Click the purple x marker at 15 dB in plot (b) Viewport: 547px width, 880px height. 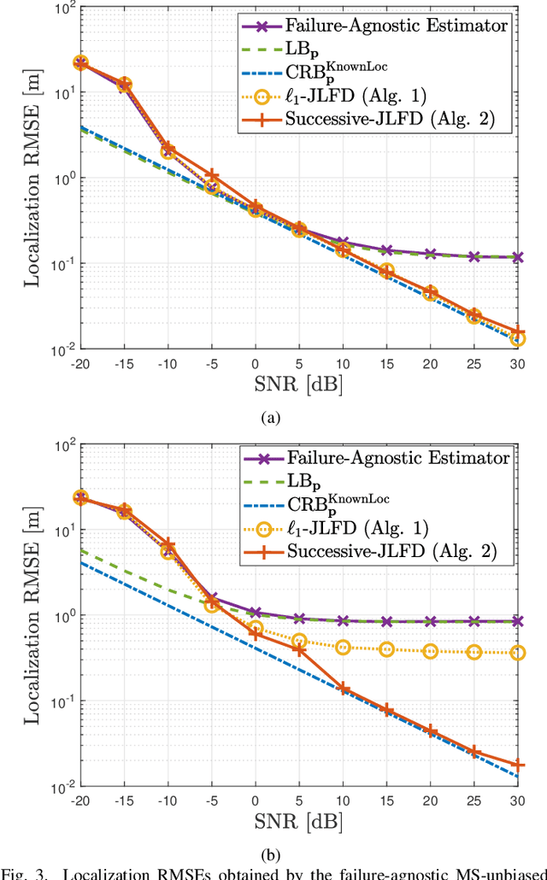pyautogui.click(x=386, y=622)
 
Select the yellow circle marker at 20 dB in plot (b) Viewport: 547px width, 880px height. pyautogui.click(x=430, y=651)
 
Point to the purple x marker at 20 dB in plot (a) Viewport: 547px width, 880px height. pyautogui.click(x=430, y=254)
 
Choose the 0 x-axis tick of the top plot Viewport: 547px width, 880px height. pyautogui.click(x=256, y=363)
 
